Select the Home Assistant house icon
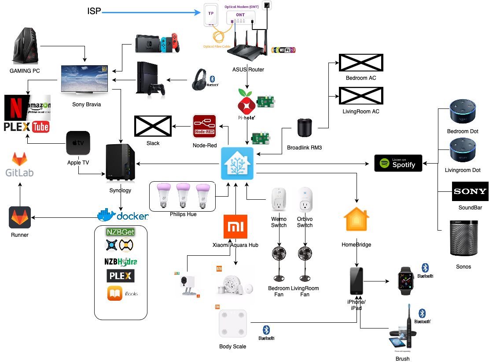pos(237,163)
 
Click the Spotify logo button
pos(398,163)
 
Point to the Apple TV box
pos(78,143)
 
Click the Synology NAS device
pos(120,163)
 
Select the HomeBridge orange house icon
pos(357,220)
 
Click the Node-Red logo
pos(204,126)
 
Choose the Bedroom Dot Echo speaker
pos(463,113)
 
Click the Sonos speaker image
pos(463,239)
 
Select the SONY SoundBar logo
pos(470,191)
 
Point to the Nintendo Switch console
pos(157,42)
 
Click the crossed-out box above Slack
pos(152,126)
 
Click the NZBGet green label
pos(120,231)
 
